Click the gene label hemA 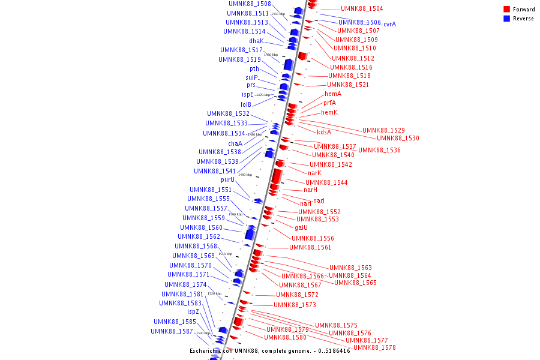[x=333, y=94]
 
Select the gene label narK [x=314, y=173]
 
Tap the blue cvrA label [x=389, y=24]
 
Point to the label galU [x=301, y=227]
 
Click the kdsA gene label [x=324, y=132]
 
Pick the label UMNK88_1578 [x=374, y=347]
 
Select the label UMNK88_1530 [x=398, y=138]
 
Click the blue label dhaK [x=256, y=41]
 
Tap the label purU [x=228, y=179]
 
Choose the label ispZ [x=193, y=312]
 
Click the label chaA [x=235, y=143]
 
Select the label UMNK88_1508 [x=250, y=4]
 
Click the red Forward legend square [x=506, y=9]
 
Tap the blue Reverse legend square [x=506, y=19]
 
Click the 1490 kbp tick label [x=245, y=175]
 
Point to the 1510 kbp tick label [x=225, y=254]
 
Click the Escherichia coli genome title [x=270, y=350]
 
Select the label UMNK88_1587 [x=172, y=331]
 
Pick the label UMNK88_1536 [x=379, y=150]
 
